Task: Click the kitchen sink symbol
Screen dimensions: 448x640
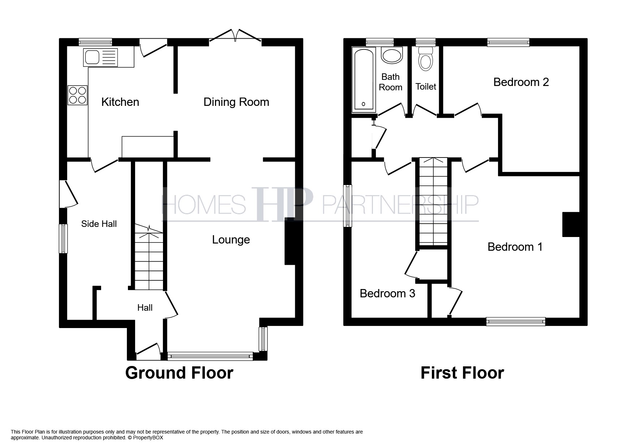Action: (100, 57)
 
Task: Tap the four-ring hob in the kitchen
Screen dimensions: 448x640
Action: (78, 95)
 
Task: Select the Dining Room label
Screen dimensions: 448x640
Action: (236, 102)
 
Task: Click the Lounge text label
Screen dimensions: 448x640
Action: (231, 240)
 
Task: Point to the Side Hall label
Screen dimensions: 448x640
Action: (99, 224)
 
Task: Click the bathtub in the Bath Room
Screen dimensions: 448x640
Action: (364, 79)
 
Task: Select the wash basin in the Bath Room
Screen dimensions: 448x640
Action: (392, 56)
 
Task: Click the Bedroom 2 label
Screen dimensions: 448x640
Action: (521, 82)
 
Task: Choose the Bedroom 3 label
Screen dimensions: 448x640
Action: (387, 293)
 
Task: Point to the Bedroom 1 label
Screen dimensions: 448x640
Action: (515, 247)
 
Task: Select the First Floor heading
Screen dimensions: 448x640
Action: (462, 373)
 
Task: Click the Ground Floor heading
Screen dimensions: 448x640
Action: (179, 373)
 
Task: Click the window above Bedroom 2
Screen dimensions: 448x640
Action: (508, 42)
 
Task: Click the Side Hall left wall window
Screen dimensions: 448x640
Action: (64, 238)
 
